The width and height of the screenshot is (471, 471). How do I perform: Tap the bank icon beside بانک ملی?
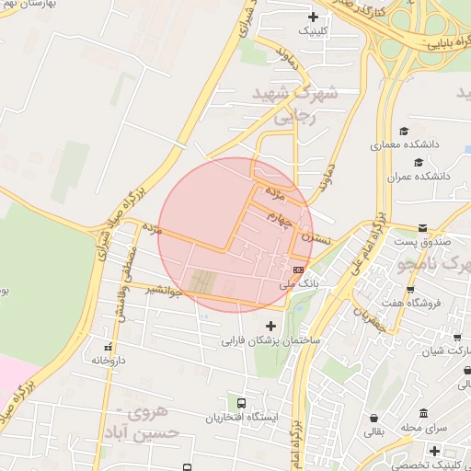[298, 269]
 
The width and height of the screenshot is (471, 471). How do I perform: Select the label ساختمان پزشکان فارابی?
[269, 340]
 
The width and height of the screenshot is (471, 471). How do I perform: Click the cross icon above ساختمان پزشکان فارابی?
[270, 326]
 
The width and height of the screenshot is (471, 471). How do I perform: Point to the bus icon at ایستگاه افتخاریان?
[241, 403]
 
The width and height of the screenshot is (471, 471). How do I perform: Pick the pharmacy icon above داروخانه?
[109, 347]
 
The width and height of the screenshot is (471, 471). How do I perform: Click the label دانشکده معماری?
[400, 144]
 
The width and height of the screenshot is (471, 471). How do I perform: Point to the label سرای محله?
[423, 428]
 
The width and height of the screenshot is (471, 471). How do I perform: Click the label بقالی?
[374, 431]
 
